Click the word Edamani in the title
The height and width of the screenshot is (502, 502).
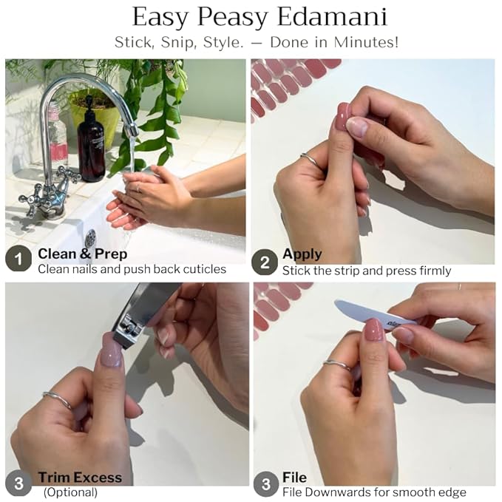coord(332,17)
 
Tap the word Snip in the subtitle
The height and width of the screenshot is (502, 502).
coord(178,42)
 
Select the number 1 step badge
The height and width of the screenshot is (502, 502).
coord(18,259)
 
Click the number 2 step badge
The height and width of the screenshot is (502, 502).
coord(265,262)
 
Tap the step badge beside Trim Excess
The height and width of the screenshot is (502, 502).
coord(18,483)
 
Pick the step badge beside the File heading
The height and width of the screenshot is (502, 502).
coord(266,484)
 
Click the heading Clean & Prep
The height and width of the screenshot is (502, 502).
coord(83,254)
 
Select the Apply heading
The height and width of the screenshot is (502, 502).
coord(302,254)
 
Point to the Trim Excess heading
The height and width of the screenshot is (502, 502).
coord(80,478)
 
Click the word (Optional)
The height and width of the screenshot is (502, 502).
coord(70,492)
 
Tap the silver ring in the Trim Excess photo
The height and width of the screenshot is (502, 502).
coord(59,399)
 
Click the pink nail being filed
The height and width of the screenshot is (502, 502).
coord(373,330)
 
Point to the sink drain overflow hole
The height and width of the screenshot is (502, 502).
coord(91,239)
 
